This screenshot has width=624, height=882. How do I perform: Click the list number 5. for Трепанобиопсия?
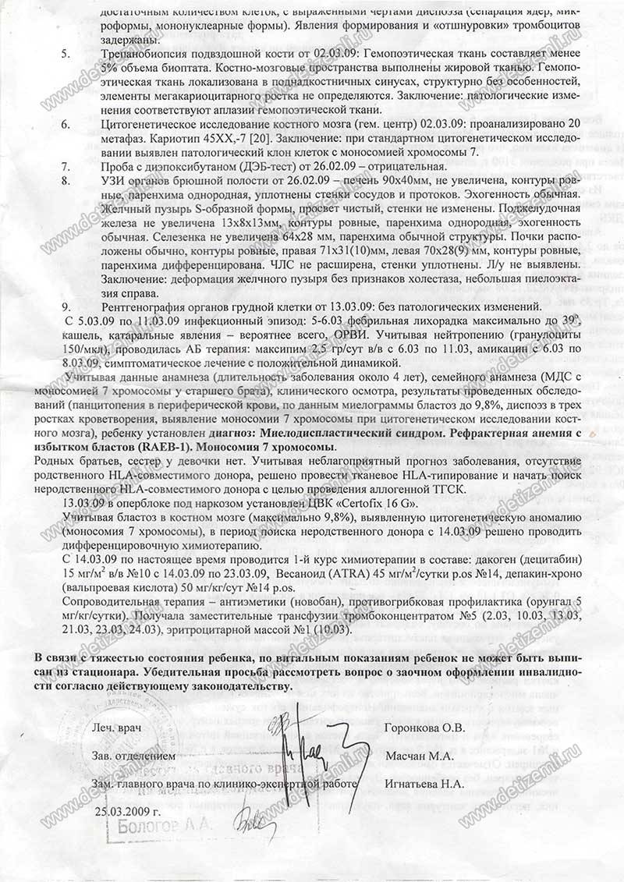tap(66, 53)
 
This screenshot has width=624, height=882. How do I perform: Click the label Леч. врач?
tap(116, 728)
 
